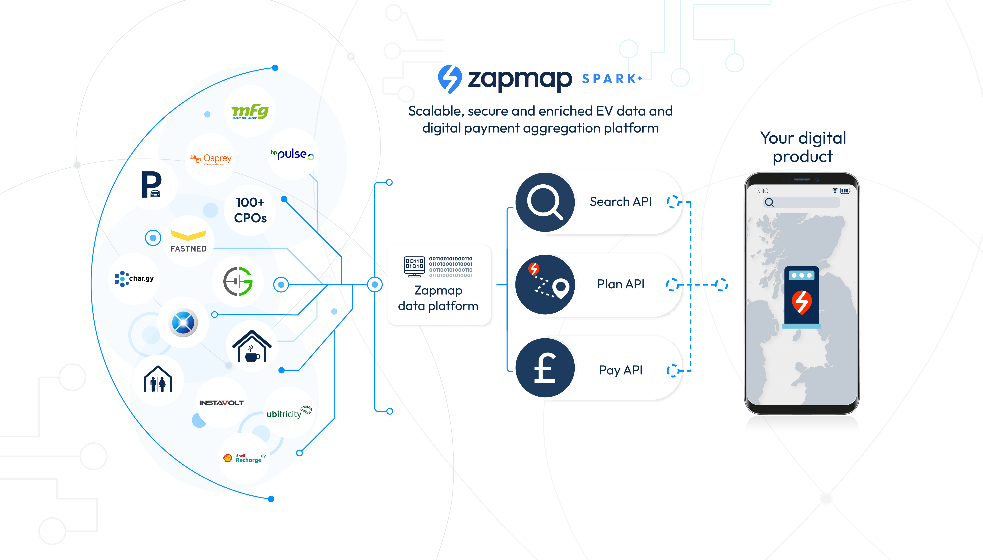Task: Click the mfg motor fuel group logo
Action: click(250, 111)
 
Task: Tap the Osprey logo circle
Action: click(211, 159)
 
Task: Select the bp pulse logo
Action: click(292, 154)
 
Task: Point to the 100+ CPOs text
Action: click(250, 210)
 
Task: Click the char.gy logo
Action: click(134, 278)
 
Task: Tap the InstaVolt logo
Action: click(221, 403)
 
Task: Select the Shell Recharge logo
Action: click(244, 458)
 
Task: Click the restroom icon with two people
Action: click(158, 380)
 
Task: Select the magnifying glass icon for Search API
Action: click(544, 202)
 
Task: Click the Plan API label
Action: click(620, 284)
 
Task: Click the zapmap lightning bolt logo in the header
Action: click(449, 79)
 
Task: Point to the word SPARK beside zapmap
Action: click(610, 79)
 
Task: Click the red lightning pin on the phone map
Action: click(801, 302)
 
